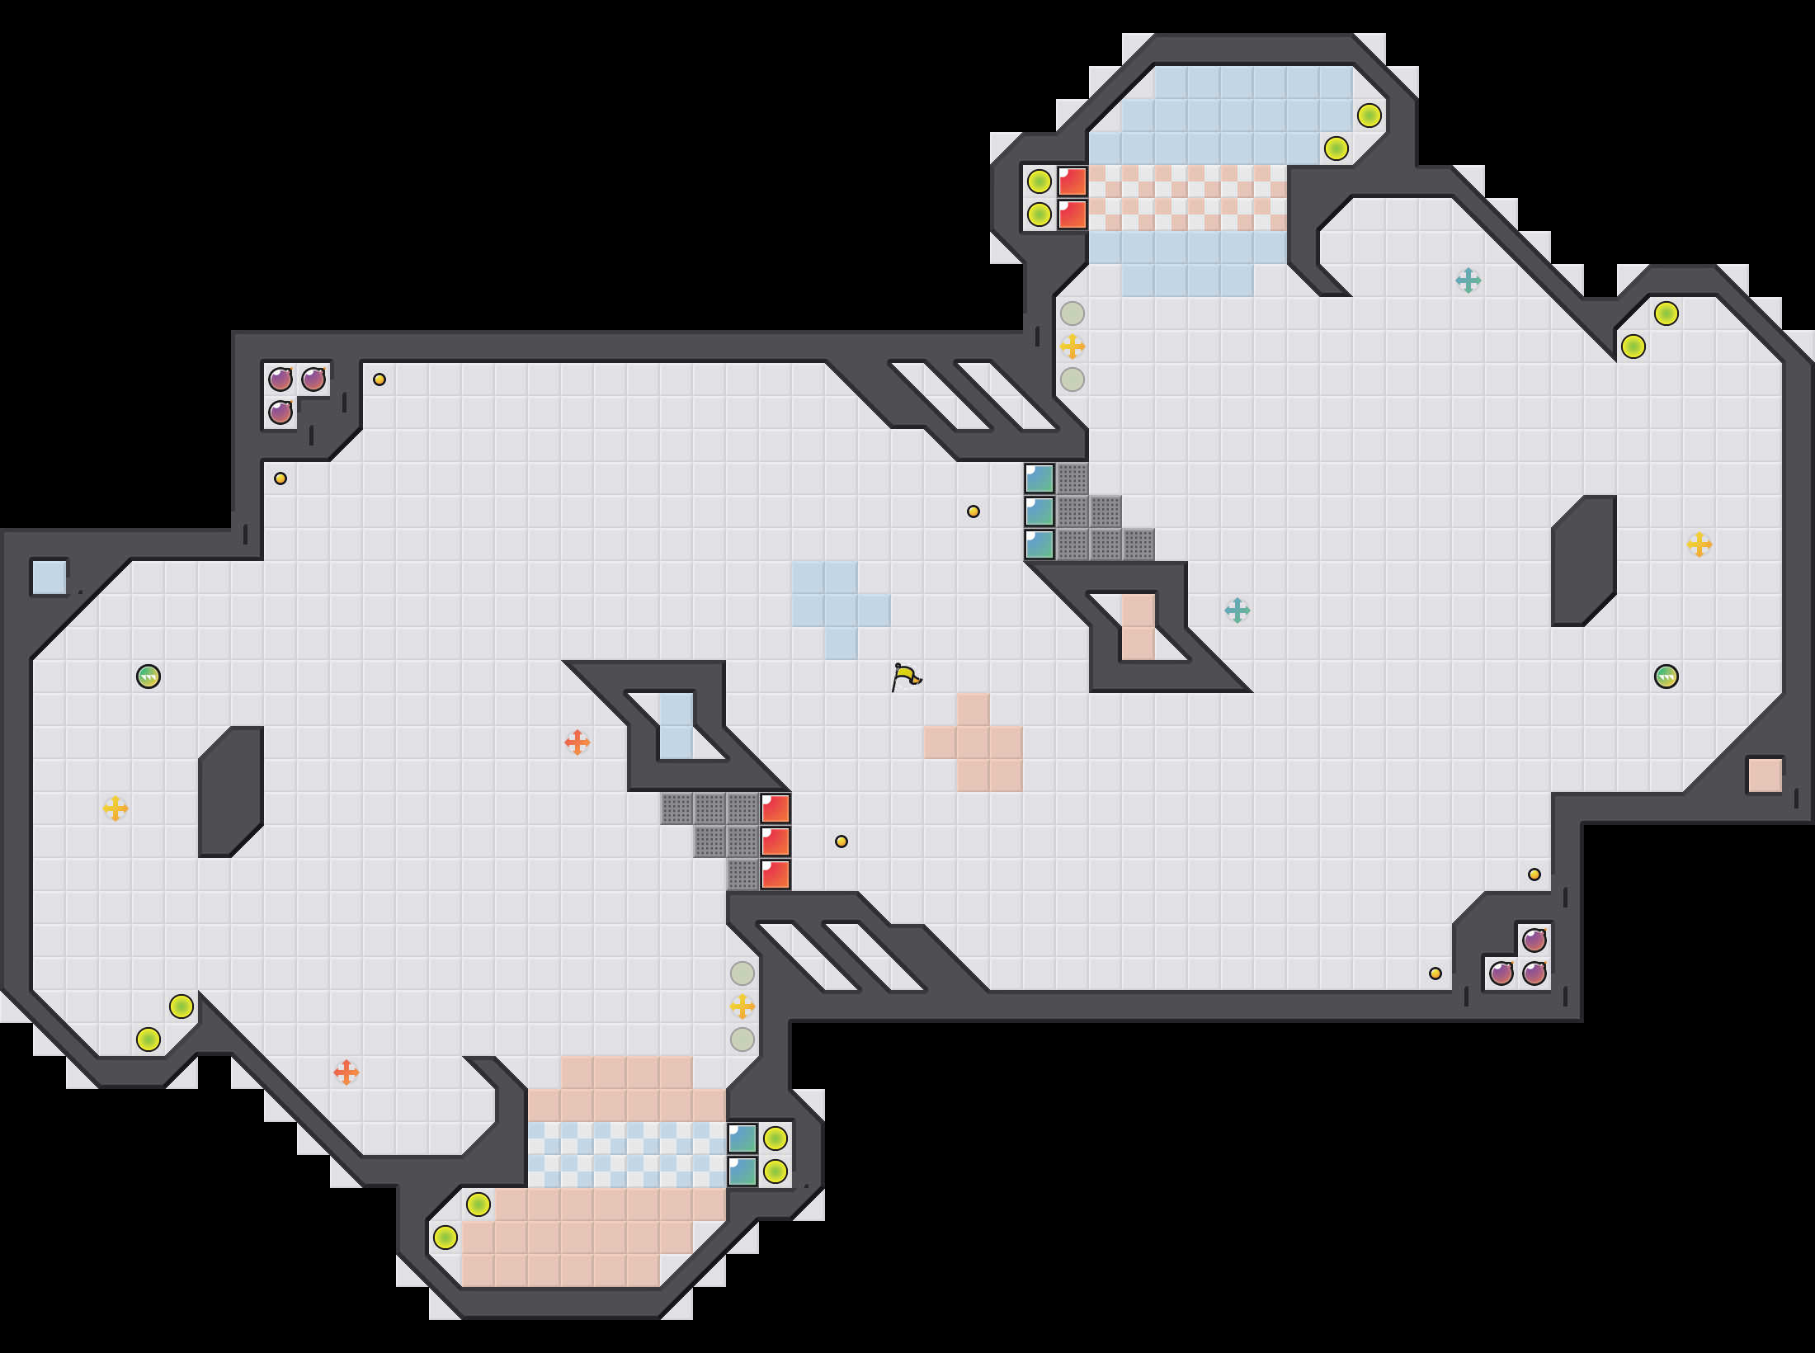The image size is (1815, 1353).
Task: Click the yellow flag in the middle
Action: coord(907,677)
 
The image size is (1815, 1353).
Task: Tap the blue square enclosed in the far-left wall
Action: coord(49,577)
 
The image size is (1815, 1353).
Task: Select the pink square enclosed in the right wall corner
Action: coord(1765,775)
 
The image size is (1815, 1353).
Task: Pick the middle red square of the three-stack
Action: coord(775,841)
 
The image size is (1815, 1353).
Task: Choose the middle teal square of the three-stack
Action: coord(1039,511)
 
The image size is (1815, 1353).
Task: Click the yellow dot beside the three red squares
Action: coord(841,841)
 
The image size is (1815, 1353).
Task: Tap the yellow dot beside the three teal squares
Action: coord(973,511)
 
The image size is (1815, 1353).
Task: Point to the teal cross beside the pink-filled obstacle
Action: coord(1237,610)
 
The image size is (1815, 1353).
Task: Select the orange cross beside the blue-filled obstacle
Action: coord(577,742)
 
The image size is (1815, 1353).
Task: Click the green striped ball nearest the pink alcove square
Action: coord(1666,676)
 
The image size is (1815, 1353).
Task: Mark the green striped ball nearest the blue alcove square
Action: coord(148,676)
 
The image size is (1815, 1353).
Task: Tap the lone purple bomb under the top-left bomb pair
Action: coord(280,412)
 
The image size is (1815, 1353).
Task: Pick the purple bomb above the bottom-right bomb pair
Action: coord(1534,940)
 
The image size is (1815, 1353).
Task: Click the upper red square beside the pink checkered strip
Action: coord(1072,181)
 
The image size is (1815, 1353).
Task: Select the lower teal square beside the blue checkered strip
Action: coord(742,1171)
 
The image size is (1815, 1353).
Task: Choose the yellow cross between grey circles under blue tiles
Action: coord(1072,346)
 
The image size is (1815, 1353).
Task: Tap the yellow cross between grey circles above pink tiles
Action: coord(742,1006)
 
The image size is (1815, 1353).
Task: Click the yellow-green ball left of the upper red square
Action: coord(1039,181)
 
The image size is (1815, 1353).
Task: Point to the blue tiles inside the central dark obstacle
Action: coord(676,726)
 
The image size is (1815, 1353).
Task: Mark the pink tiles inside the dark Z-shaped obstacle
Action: coord(1138,627)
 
